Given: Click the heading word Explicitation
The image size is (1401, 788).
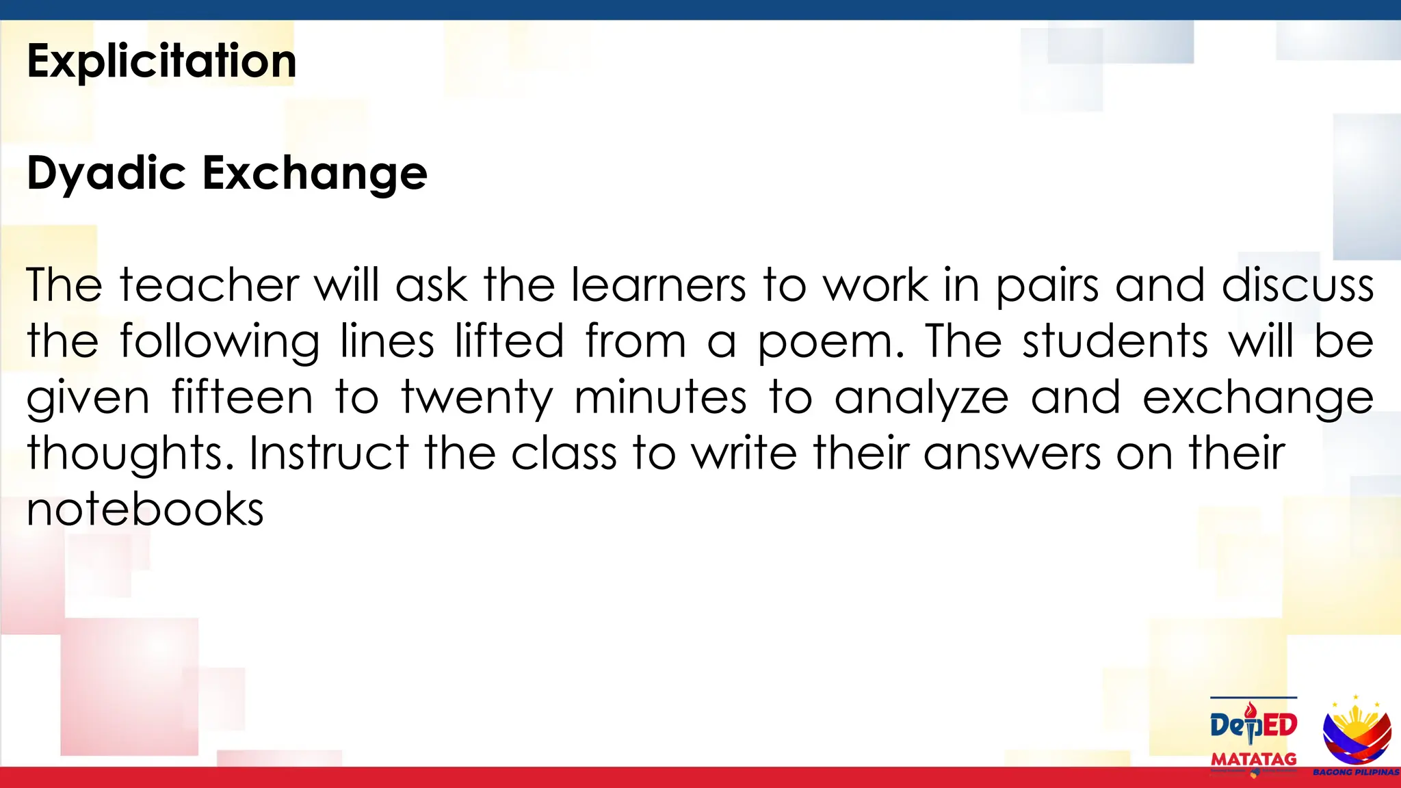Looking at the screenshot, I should click(x=161, y=62).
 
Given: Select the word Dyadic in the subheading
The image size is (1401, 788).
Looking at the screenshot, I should click(x=106, y=173).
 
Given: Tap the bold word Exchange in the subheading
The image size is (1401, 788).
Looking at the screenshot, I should click(x=315, y=173).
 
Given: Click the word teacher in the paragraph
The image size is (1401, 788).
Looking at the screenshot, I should click(x=209, y=285).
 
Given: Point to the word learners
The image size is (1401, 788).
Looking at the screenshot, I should click(x=658, y=285).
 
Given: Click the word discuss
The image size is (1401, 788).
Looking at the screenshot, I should click(x=1298, y=285).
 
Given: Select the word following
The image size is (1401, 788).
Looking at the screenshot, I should click(x=219, y=342).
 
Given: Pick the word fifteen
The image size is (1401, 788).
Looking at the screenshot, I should click(x=242, y=397).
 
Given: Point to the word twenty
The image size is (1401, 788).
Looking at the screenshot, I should click(x=477, y=398).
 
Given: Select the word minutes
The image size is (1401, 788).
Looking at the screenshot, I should click(x=660, y=397).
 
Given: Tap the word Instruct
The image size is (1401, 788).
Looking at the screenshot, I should click(x=328, y=453).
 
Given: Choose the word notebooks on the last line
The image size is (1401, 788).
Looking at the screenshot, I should click(x=145, y=509).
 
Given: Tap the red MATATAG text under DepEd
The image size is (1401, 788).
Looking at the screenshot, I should click(x=1253, y=759).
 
